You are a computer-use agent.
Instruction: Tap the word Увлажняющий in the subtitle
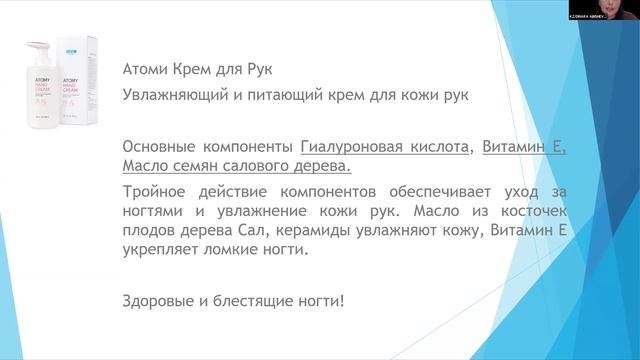pos(170,94)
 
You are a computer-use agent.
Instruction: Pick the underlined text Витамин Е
pos(523,145)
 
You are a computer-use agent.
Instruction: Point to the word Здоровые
pos(156,299)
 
